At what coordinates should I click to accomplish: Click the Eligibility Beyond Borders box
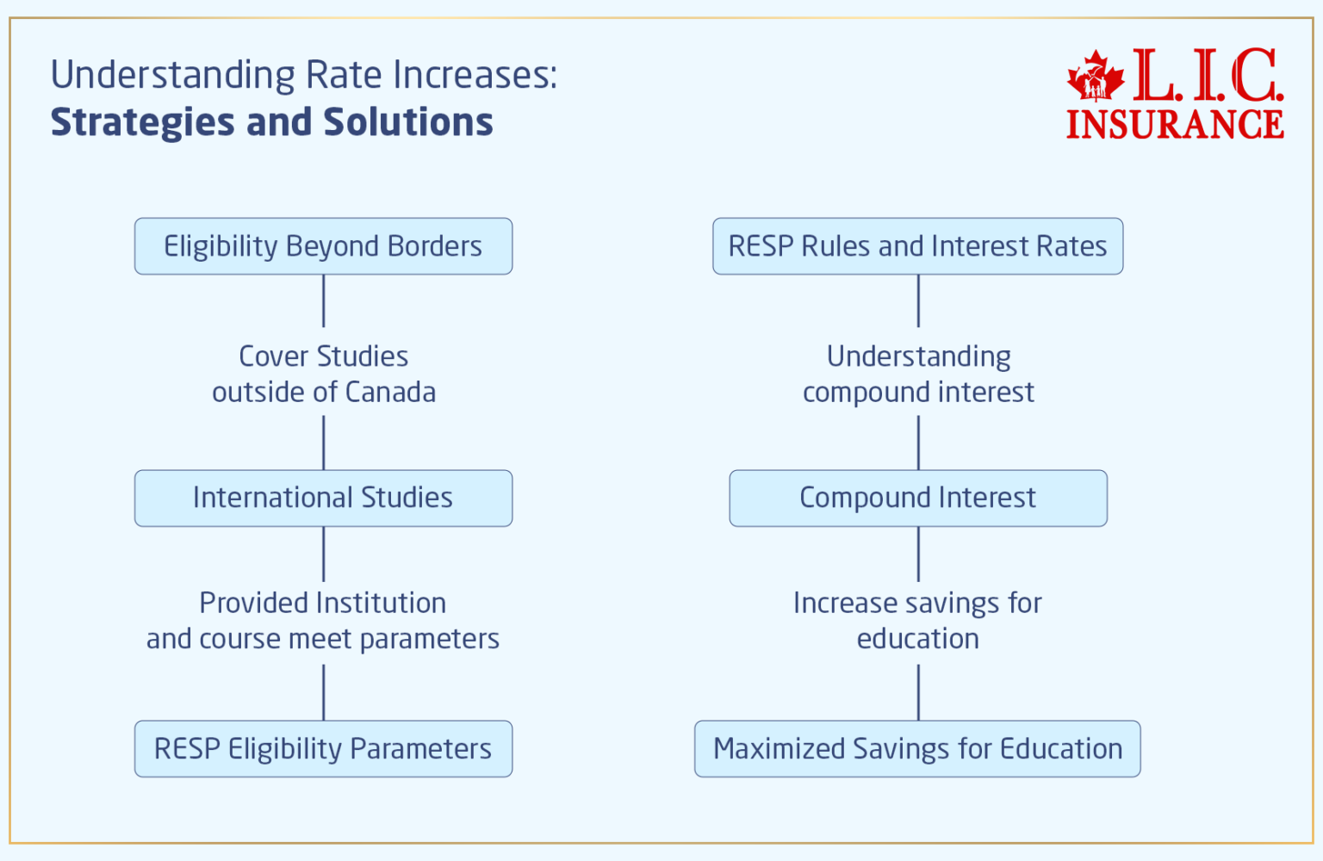point(323,246)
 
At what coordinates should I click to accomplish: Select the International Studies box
point(323,498)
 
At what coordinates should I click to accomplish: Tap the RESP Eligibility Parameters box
point(323,749)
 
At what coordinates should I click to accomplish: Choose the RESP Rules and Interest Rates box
point(917,246)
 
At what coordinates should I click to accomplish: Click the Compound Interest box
point(917,498)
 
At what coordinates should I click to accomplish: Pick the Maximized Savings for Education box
point(917,749)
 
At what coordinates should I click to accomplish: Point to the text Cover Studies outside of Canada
point(323,374)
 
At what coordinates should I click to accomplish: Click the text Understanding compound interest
point(918,374)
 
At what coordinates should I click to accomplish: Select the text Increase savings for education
point(917,620)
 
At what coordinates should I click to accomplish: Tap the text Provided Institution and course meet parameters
point(323,620)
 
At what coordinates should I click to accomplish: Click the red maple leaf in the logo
point(1096,77)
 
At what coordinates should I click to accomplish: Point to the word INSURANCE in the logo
point(1175,124)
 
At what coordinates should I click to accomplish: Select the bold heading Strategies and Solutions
point(271,122)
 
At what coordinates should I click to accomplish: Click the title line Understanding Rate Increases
point(304,75)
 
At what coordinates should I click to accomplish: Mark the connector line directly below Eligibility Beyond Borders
point(323,300)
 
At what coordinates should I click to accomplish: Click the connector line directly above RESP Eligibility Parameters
point(323,692)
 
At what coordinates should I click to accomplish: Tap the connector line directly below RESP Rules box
point(918,300)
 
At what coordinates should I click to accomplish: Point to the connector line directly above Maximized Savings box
point(918,692)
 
